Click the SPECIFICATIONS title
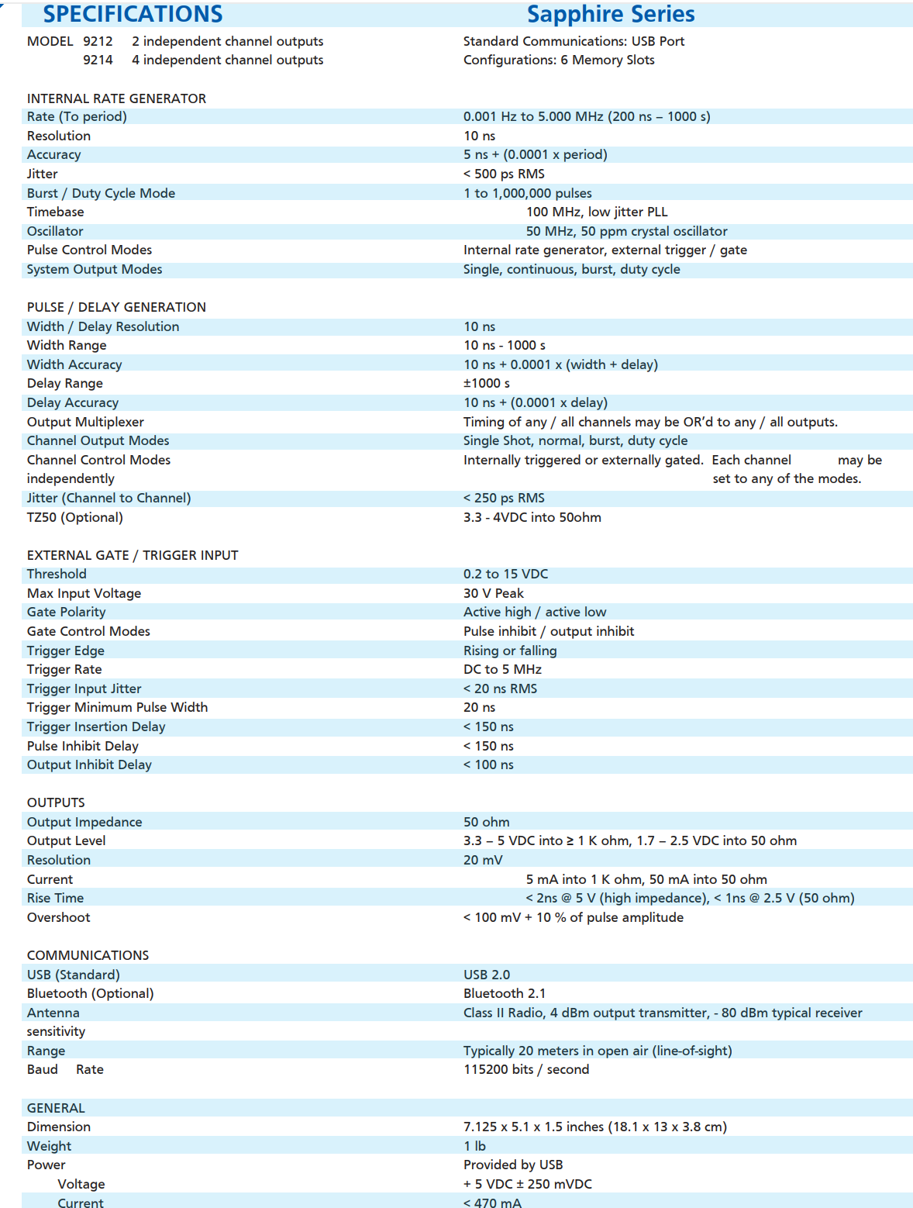click(133, 14)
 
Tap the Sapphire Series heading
click(611, 14)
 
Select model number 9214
click(98, 60)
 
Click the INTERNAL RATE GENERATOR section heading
click(116, 98)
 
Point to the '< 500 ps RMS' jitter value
click(504, 174)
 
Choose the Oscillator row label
click(55, 231)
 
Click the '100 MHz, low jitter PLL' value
click(597, 212)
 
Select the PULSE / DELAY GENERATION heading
click(116, 307)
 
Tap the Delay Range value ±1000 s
click(487, 383)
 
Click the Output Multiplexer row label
click(85, 422)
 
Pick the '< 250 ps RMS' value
click(504, 498)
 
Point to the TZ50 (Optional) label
click(74, 517)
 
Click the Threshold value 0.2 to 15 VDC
click(505, 574)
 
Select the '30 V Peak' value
click(494, 593)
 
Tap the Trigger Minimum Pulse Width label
click(117, 707)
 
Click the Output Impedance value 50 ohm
click(487, 822)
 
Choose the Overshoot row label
click(58, 917)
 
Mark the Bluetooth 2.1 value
click(505, 993)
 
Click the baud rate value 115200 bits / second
click(526, 1069)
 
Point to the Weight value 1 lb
click(474, 1146)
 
